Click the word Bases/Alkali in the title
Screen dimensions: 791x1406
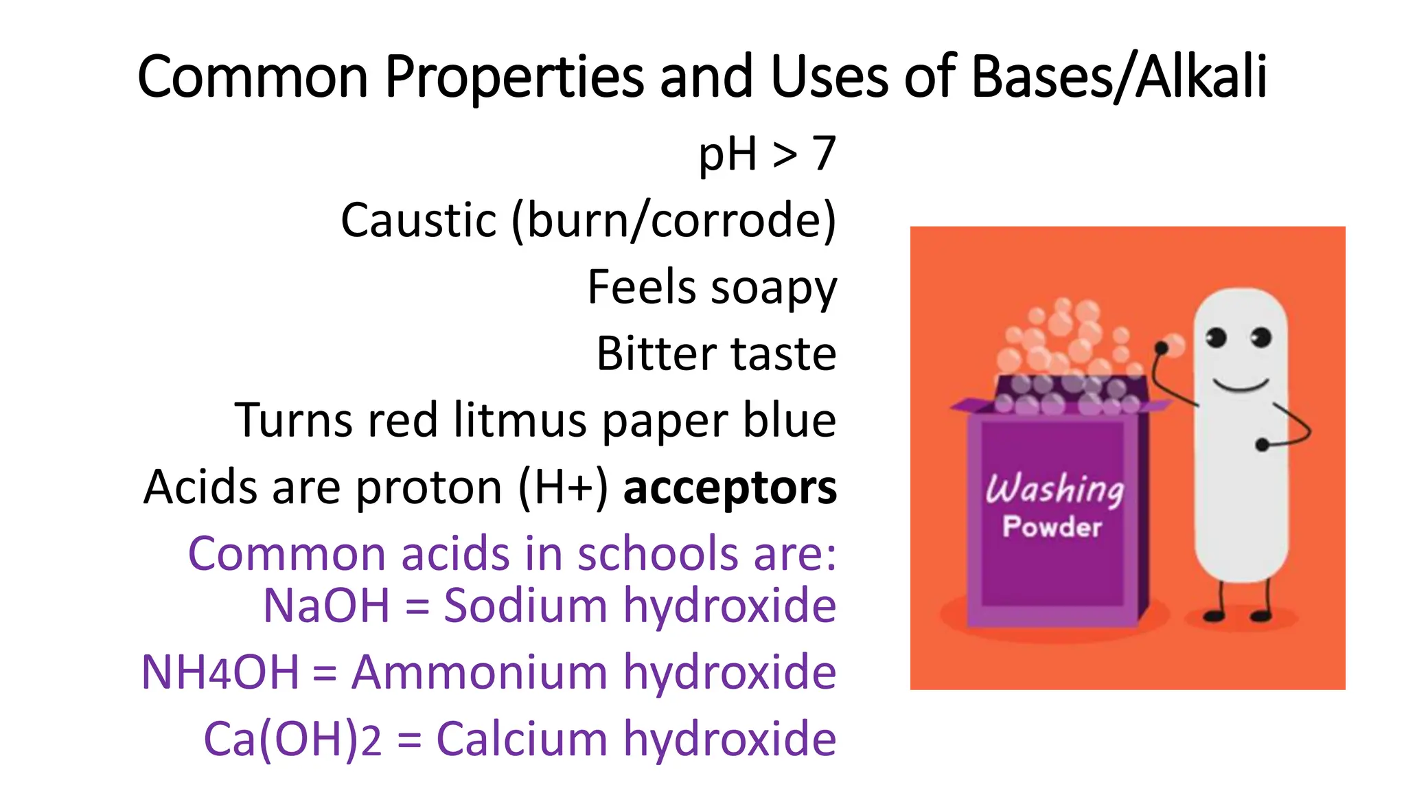point(1119,77)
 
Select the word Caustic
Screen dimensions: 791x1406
point(418,220)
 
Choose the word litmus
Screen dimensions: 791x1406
point(520,420)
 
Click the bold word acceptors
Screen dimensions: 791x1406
point(730,488)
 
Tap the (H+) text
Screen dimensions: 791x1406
point(563,488)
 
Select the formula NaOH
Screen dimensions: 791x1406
point(327,606)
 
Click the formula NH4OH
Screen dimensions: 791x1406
point(220,672)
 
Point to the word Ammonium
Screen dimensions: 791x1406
point(479,672)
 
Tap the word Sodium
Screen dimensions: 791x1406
point(525,606)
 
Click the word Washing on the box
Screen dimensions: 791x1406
point(1054,490)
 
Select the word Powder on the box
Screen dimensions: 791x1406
point(1052,527)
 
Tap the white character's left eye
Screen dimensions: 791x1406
point(1216,337)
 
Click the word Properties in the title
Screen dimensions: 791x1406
point(514,77)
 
